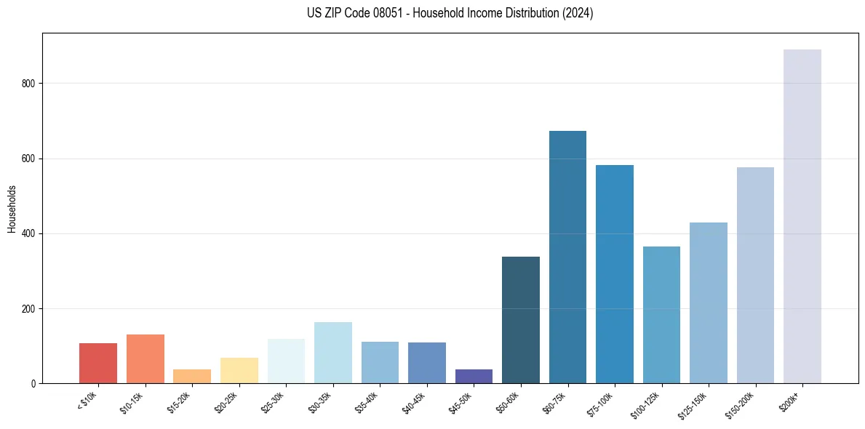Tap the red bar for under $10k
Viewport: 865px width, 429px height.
coord(98,363)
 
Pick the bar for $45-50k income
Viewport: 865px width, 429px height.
coord(474,376)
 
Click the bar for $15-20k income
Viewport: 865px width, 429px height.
coord(192,376)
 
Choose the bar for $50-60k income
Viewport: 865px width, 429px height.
coord(521,320)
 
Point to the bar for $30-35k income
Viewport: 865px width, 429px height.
coord(333,353)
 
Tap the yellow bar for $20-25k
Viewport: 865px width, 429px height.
coord(239,370)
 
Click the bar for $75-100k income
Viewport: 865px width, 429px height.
coord(615,274)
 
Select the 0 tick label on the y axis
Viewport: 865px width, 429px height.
coord(34,383)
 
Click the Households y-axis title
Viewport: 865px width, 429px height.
coord(12,209)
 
